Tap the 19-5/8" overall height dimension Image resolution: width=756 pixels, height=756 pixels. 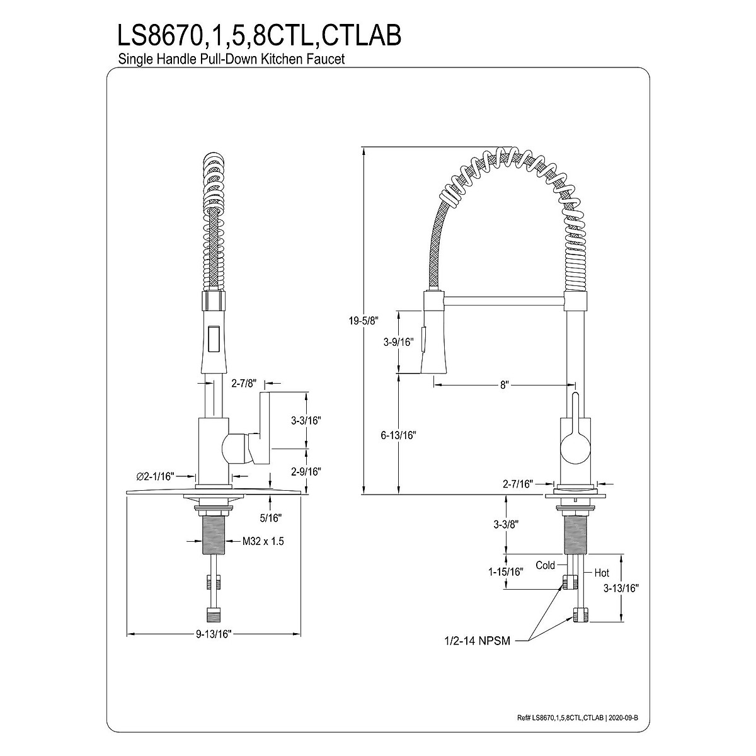pyautogui.click(x=364, y=321)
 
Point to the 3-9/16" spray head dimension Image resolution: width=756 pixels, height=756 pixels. pyautogui.click(x=398, y=342)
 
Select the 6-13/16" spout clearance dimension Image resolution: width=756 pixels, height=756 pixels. pyautogui.click(x=398, y=435)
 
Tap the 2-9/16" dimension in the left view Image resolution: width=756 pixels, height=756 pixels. pyautogui.click(x=307, y=471)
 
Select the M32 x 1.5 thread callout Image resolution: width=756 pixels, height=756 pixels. pyautogui.click(x=263, y=541)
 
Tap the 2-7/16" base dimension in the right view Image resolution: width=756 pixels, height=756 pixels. pyautogui.click(x=518, y=484)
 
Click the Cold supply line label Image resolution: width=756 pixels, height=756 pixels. pyautogui.click(x=545, y=565)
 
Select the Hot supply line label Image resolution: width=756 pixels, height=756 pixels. pyautogui.click(x=602, y=573)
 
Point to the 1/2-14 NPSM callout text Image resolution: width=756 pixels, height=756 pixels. pyautogui.click(x=476, y=641)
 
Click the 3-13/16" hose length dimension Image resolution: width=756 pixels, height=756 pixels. pyautogui.click(x=621, y=588)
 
